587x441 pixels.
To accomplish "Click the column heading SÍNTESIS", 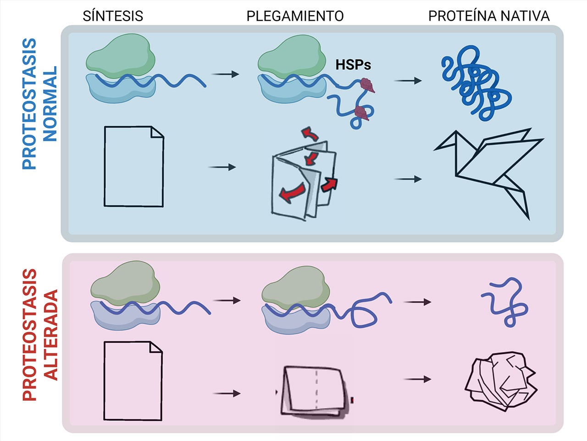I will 113,17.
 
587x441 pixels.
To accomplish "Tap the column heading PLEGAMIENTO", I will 295,17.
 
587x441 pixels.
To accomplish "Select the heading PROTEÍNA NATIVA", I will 488,17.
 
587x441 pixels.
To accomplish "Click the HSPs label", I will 353,65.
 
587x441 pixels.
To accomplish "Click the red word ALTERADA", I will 51,335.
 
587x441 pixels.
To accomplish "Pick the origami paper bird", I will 488,170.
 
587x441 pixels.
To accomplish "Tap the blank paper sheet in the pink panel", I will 133,381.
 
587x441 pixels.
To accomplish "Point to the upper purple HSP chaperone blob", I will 367,85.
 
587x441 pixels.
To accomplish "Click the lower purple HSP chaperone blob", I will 362,112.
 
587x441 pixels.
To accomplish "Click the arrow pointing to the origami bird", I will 408,179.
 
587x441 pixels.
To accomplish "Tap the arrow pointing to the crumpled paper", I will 417,379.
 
